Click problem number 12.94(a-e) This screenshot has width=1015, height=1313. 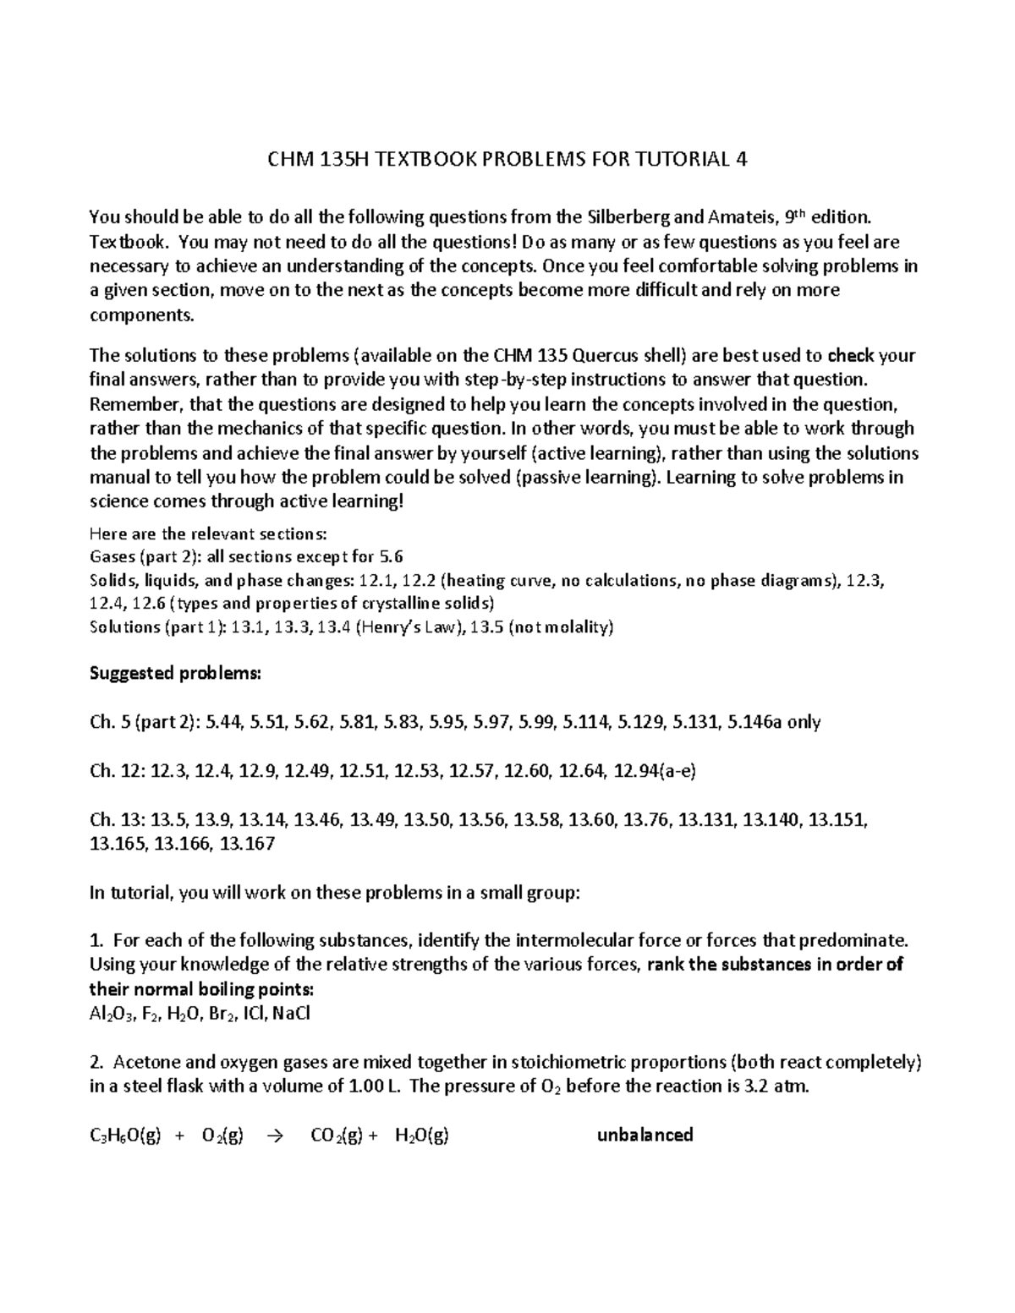pos(655,770)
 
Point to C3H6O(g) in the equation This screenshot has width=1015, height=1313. pos(125,1135)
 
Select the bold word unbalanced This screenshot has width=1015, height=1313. pos(645,1135)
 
